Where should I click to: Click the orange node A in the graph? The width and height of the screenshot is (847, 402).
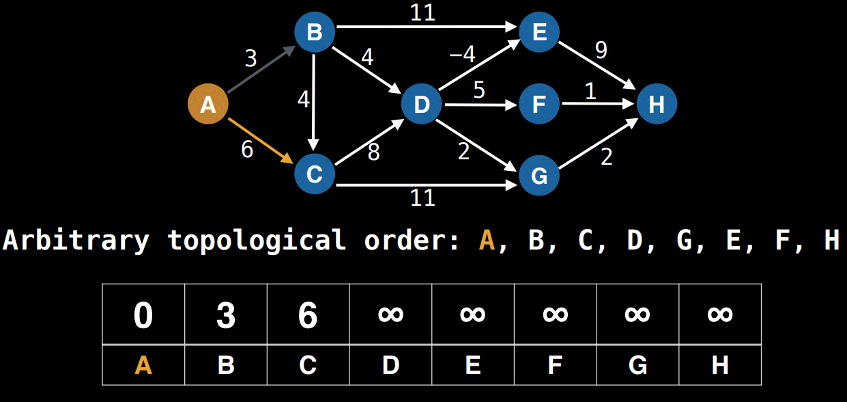coord(207,105)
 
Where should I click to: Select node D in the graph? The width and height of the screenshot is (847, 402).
coord(422,105)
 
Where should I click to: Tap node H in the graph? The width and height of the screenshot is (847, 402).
coord(656,105)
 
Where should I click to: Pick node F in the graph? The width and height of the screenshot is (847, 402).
coord(539,105)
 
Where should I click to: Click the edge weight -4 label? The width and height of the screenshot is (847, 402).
coord(462,55)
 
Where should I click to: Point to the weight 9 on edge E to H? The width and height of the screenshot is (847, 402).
coord(601,50)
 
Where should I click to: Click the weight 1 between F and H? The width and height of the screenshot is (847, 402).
coord(590,91)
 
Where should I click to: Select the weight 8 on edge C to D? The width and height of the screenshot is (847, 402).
coord(373,152)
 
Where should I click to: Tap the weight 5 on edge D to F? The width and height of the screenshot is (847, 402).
coord(479,90)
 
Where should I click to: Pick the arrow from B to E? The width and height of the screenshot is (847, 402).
coord(427,28)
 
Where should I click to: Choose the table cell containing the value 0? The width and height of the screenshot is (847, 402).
coord(143,314)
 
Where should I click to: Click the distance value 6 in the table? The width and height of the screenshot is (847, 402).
coord(308,314)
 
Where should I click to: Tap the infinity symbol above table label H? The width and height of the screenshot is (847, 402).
coord(720,314)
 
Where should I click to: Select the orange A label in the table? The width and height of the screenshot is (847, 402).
coord(143,366)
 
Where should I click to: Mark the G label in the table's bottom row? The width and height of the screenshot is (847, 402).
coord(637,366)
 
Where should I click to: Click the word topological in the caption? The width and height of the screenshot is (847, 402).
coord(257,241)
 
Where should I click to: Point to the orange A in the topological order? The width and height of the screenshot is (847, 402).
coord(487,241)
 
